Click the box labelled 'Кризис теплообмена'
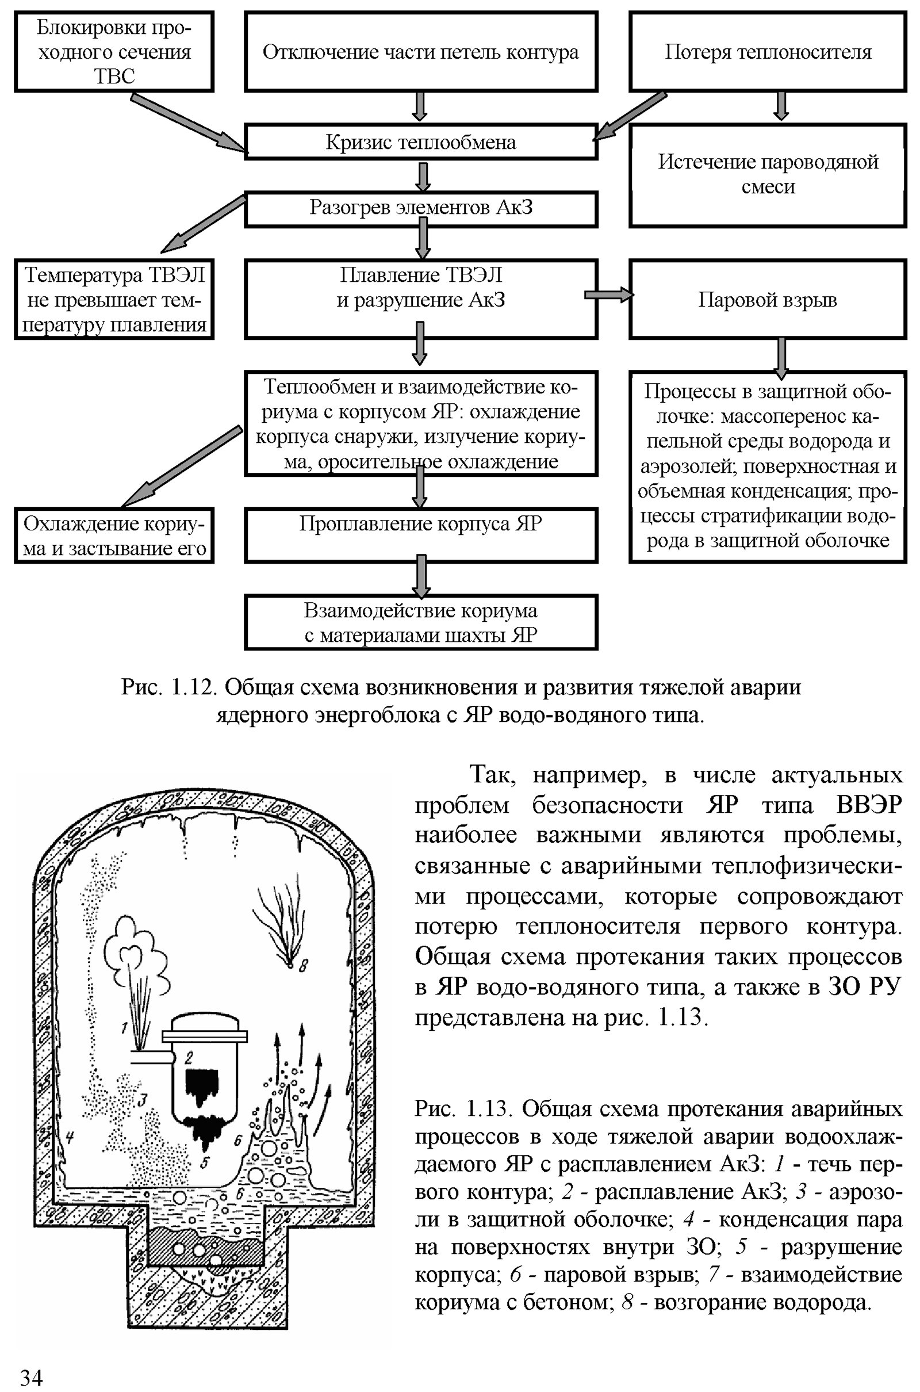[x=421, y=142]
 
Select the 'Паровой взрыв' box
[x=768, y=300]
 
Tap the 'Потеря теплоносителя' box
[x=768, y=52]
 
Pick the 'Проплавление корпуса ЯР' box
[x=421, y=534]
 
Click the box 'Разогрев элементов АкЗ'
[x=421, y=208]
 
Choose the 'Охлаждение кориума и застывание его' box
[x=114, y=536]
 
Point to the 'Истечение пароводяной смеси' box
[x=768, y=174]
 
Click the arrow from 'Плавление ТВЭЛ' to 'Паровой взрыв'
[x=609, y=295]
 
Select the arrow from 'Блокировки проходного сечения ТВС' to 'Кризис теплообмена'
[x=188, y=123]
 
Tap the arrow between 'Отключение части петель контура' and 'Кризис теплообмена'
[x=420, y=107]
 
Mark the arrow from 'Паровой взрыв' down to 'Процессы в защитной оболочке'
[x=781, y=357]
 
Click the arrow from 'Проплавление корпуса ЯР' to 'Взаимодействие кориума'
[x=421, y=576]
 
